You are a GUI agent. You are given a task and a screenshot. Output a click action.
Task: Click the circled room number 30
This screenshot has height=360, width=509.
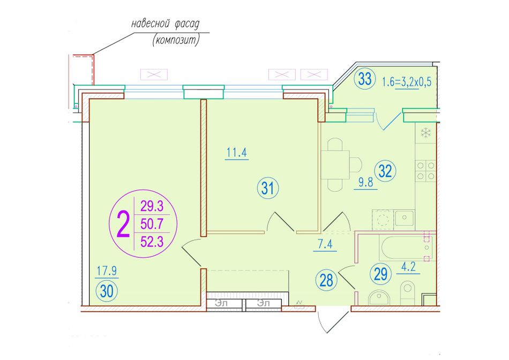107,291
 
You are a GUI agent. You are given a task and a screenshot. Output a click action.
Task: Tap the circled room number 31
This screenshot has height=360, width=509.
268,188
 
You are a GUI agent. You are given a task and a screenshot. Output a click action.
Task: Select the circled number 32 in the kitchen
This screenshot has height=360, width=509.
385,171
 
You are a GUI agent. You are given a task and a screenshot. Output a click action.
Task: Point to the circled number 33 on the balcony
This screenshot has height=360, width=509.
365,79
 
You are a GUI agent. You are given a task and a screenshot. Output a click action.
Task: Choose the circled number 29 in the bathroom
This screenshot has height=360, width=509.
381,274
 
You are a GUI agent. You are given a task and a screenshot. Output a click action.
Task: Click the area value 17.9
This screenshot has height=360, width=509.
107,271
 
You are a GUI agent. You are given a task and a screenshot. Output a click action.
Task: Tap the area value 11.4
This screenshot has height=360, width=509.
237,152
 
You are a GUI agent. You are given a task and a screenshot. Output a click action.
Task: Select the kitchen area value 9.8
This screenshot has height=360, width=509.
365,183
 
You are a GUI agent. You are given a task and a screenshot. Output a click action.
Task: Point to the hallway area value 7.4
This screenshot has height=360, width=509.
325,244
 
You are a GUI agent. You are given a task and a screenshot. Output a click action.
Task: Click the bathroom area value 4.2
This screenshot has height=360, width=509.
408,267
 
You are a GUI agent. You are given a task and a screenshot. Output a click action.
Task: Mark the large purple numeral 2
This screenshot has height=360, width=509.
123,224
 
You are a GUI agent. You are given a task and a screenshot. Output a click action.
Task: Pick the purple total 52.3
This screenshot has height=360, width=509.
152,242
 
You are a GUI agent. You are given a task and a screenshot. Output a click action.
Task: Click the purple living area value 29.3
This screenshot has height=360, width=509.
152,206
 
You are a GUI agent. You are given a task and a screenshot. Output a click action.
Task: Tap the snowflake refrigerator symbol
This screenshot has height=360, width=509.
425,132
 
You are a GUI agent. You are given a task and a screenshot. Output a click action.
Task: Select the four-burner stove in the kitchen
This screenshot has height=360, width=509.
425,171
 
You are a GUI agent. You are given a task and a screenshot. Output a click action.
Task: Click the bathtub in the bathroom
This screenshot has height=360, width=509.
406,248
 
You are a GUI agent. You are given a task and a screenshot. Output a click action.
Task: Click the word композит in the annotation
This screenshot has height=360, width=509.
176,40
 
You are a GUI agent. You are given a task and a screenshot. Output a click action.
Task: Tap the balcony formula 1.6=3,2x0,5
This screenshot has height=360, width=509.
407,81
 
